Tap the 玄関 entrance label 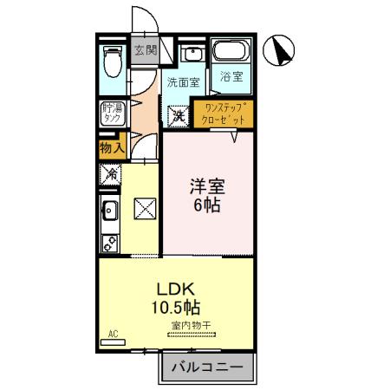(145, 50)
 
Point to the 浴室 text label (231, 76)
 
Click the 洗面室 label (183, 83)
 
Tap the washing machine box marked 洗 (178, 114)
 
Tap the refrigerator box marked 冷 (111, 173)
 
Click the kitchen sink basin (110, 211)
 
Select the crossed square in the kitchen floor (143, 208)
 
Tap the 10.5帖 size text (179, 307)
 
